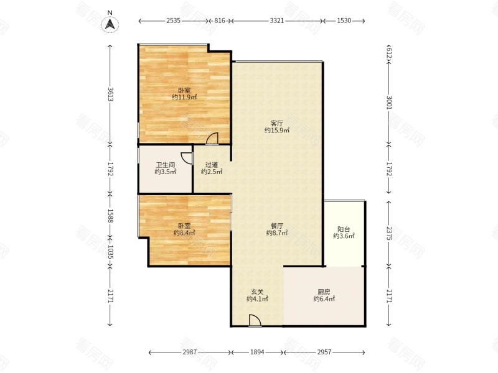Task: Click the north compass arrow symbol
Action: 110,24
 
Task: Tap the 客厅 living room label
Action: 276,123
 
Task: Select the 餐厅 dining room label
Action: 276,226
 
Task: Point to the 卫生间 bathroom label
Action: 165,165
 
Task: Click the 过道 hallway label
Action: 212,165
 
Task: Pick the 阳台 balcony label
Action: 344,229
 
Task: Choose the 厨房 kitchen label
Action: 324,292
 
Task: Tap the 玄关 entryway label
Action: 257,292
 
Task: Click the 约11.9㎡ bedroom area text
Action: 184,97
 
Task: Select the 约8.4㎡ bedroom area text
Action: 184,233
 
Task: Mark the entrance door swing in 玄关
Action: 255,320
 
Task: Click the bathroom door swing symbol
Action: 187,158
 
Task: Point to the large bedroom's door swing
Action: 212,139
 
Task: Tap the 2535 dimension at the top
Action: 174,21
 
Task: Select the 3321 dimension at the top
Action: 276,21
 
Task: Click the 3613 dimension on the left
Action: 110,94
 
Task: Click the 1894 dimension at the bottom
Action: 257,352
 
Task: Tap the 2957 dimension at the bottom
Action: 324,352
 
